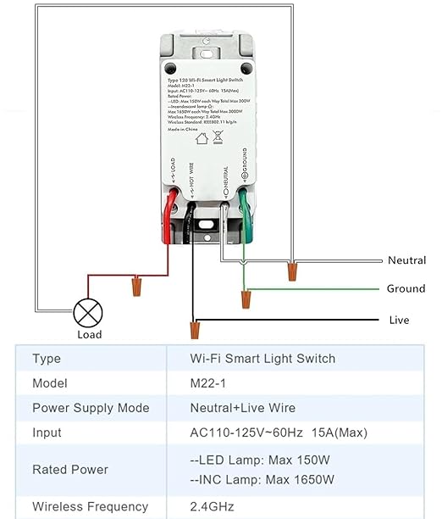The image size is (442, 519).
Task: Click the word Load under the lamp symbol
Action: pos(89,335)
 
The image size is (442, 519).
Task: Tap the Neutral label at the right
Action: pos(406,260)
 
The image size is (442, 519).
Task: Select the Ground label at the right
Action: pos(406,289)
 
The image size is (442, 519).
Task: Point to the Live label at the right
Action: pos(398,320)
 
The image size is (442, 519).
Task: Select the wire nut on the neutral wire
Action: pos(292,271)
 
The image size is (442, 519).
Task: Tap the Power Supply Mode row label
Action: pos(91,408)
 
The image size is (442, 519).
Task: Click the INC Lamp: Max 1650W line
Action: pos(262,480)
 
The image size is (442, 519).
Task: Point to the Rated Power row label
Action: pos(70,469)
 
